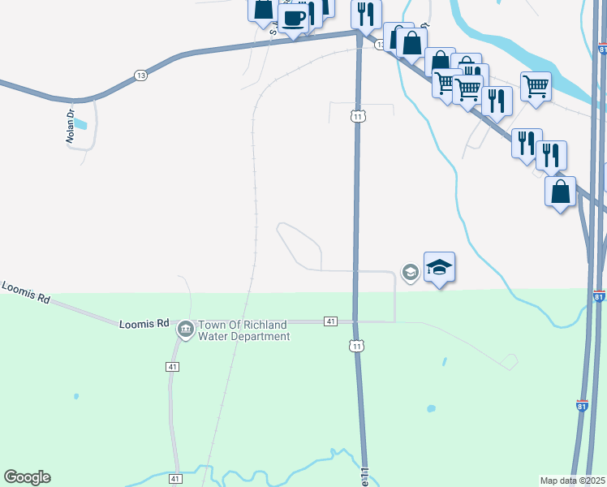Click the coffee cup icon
(x=294, y=18)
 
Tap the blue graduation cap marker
(x=439, y=267)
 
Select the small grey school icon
(x=411, y=273)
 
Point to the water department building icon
(x=185, y=330)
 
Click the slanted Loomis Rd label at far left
(x=26, y=293)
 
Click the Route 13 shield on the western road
(x=141, y=75)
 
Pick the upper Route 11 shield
(x=357, y=116)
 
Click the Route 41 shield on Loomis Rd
(x=330, y=322)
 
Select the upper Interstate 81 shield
(x=599, y=298)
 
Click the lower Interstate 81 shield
(x=582, y=405)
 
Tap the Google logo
(x=27, y=477)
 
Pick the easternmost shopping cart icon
(x=536, y=85)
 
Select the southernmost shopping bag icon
(x=560, y=192)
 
